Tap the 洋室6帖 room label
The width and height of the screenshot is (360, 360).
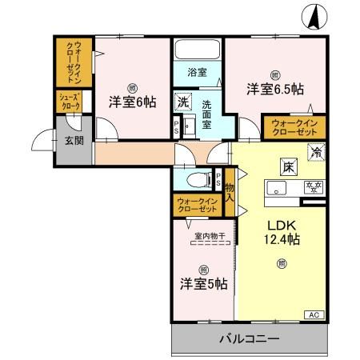pyautogui.click(x=133, y=102)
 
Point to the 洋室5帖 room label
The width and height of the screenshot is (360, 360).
pyautogui.click(x=202, y=283)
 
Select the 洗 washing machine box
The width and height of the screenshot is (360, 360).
pyautogui.click(x=183, y=102)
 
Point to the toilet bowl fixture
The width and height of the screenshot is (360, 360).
pyautogui.click(x=198, y=178)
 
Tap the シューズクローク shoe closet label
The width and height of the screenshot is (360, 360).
pyautogui.click(x=67, y=100)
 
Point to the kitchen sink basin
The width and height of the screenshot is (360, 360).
pyautogui.click(x=276, y=189)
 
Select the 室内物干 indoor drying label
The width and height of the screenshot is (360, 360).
pyautogui.click(x=209, y=236)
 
